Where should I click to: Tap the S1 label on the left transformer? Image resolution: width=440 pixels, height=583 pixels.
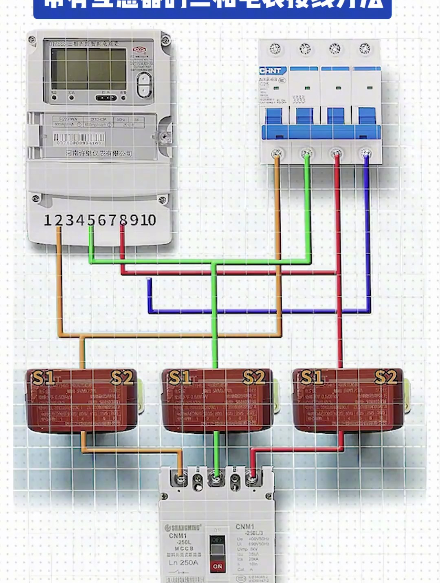(x=44, y=378)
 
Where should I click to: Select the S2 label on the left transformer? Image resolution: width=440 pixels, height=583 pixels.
(x=122, y=378)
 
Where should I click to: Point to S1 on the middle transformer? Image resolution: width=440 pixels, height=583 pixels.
(x=180, y=378)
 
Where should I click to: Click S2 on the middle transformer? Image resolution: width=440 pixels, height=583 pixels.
(x=254, y=378)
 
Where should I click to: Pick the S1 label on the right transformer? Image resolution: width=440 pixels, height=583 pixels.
(x=312, y=378)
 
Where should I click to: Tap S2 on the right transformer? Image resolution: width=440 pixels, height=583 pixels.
(x=385, y=378)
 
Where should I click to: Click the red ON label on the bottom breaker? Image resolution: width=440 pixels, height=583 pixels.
(x=218, y=566)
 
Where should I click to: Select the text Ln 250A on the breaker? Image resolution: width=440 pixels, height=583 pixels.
(x=183, y=563)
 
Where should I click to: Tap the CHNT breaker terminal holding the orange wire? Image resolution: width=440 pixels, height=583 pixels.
(x=277, y=154)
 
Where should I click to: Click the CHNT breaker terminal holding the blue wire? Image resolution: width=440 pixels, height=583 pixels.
(x=366, y=154)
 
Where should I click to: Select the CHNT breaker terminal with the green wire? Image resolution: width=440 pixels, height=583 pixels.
(x=307, y=154)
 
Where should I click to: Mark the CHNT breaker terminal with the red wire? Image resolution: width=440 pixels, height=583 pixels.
(x=337, y=154)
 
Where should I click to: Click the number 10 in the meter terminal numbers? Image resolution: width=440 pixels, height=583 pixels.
(x=148, y=220)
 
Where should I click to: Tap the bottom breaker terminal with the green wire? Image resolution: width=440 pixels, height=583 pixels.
(x=216, y=477)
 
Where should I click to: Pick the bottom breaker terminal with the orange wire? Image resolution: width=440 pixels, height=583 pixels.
(x=180, y=477)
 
